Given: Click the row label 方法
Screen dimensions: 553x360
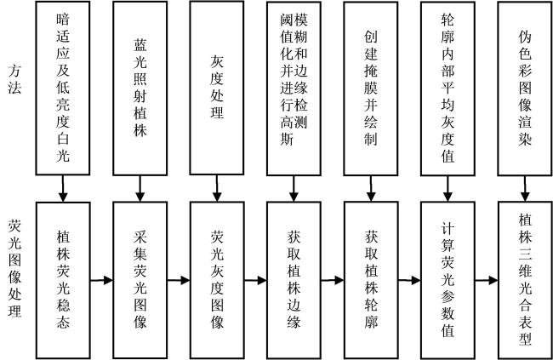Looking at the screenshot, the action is tap(14, 79).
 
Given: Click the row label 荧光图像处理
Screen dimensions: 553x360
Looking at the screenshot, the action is tap(14, 268).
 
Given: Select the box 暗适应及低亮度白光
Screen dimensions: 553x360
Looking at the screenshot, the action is tap(63, 88).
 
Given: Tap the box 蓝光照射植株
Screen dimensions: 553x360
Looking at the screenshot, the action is tap(140, 89).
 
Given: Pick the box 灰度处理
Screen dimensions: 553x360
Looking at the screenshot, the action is tap(217, 88).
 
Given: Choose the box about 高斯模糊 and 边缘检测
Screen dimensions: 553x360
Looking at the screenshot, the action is tap(294, 89).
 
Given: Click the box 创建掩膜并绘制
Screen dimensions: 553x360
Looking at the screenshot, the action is tap(371, 89).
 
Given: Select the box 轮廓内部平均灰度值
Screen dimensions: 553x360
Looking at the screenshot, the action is tap(448, 89).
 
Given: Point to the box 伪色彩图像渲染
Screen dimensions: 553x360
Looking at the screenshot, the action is tap(525, 89).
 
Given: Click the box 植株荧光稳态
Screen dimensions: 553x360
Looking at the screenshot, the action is tap(63, 280).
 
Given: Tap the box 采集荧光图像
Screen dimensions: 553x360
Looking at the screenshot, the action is tap(140, 280).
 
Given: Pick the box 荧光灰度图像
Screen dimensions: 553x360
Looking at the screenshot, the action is tap(217, 280).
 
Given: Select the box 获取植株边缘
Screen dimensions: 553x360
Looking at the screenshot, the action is tap(294, 280).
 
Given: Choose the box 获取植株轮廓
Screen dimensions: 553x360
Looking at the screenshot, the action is tap(372, 280).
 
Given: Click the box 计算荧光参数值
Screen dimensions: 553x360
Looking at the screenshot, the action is tap(448, 280).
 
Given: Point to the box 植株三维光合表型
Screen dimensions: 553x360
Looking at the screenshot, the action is tap(525, 280).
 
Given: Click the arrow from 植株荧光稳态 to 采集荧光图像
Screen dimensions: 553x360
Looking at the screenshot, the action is tap(101, 281).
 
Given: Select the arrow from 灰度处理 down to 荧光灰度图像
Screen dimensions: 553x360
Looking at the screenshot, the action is tap(217, 188).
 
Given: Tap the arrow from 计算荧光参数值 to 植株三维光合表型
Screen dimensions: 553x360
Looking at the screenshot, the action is tap(487, 281).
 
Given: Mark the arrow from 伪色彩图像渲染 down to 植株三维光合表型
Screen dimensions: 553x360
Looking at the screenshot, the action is tap(525, 189).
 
